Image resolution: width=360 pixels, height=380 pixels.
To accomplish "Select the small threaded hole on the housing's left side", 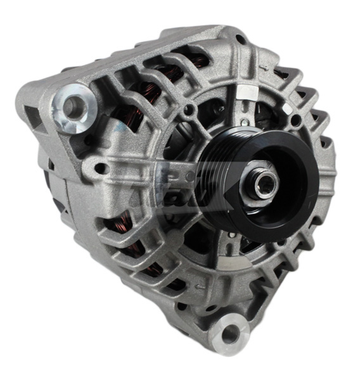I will [x=100, y=169].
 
